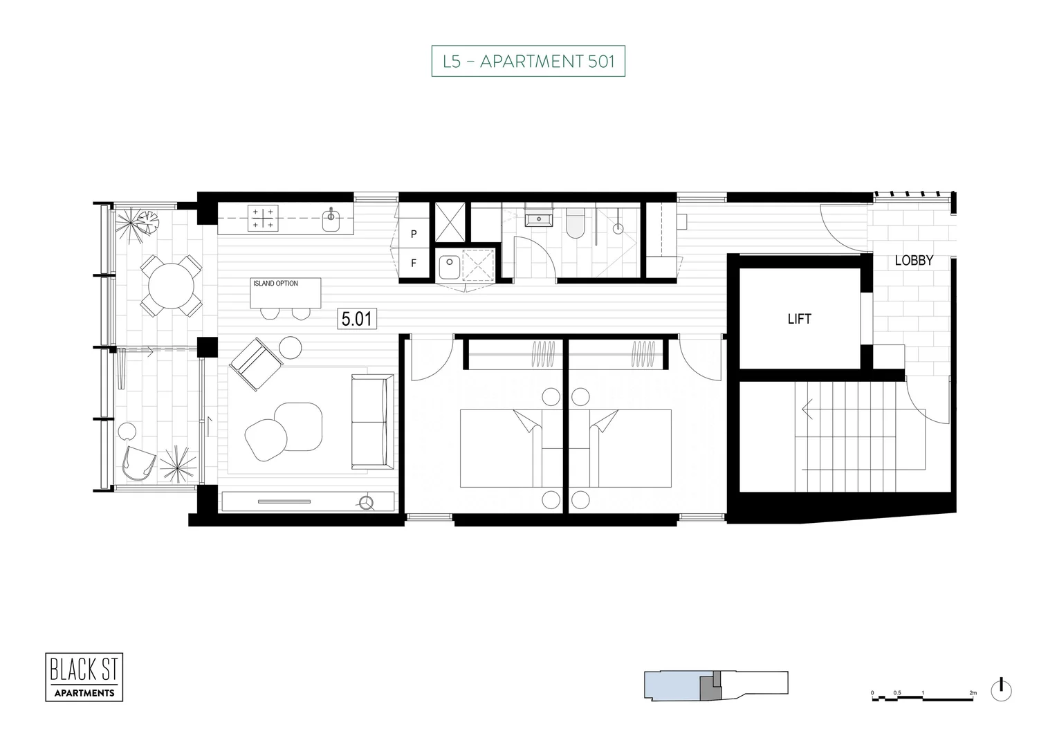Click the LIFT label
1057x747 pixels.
coord(799,319)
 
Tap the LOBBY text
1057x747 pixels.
coord(914,261)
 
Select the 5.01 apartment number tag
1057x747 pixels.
coord(357,319)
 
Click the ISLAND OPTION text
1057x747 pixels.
coord(275,284)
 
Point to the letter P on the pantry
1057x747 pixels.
coord(414,234)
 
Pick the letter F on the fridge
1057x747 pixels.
coord(414,264)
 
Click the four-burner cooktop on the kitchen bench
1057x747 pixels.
coord(263,219)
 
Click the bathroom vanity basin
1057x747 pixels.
coord(538,219)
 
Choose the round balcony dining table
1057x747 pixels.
coord(172,285)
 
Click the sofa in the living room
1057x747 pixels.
coord(371,421)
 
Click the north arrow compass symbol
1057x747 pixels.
coord(1000,690)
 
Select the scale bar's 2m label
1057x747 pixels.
coord(973,692)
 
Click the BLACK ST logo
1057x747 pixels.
coord(84,677)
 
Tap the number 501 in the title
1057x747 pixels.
coord(600,62)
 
